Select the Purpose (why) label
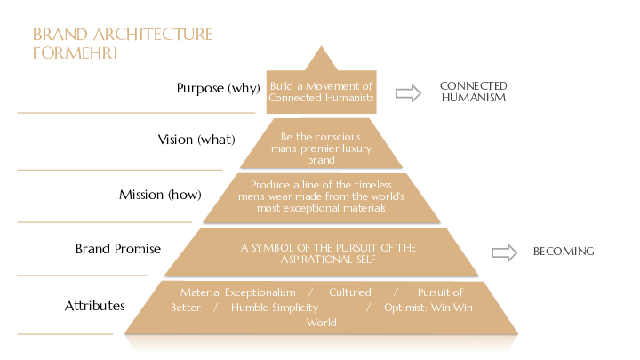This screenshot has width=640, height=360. coord(218,88)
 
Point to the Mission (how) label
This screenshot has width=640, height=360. coord(160,195)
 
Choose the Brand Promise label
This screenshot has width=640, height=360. coord(118,249)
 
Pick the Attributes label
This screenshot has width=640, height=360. coord(95,306)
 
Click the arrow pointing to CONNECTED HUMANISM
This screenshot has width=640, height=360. coord(408,92)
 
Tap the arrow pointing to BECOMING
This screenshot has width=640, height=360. coord(504,252)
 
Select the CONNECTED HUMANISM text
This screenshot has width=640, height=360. coord(473,92)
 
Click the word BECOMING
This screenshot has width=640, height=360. coord(563,252)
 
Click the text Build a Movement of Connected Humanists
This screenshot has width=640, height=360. coord(321,92)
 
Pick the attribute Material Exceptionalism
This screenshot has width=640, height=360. coord(237,292)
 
